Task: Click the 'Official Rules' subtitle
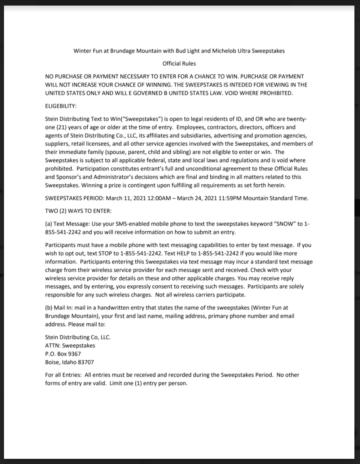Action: tap(179, 64)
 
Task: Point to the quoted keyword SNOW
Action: tap(285, 224)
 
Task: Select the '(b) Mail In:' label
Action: tap(60, 308)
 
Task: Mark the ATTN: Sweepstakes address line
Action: tap(70, 345)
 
